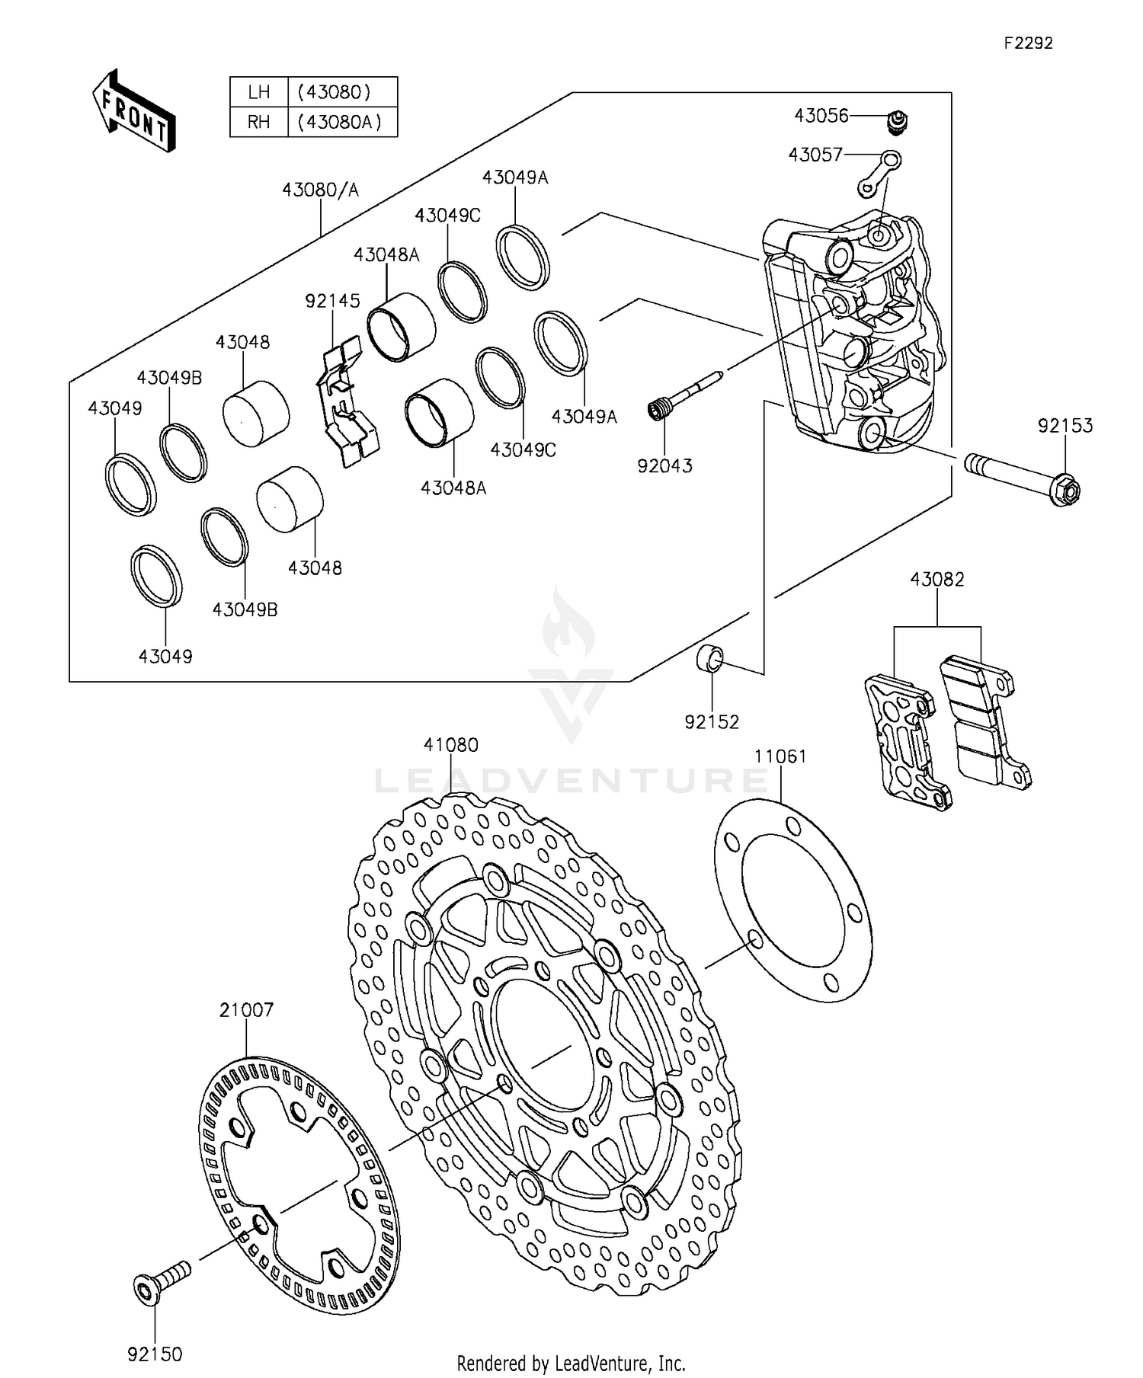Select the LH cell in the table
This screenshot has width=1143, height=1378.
click(x=259, y=92)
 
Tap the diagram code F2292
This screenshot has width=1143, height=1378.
click(x=1028, y=43)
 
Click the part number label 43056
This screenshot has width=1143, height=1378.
click(x=821, y=116)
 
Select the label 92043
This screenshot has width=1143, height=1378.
click(x=664, y=465)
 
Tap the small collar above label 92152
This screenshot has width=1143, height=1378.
click(x=712, y=658)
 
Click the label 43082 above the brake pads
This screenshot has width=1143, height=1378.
click(x=936, y=580)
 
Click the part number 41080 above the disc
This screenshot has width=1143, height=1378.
click(x=451, y=745)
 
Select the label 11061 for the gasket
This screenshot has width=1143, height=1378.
click(x=780, y=756)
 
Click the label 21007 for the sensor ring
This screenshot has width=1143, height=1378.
click(x=246, y=1010)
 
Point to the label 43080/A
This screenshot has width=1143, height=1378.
click(x=320, y=190)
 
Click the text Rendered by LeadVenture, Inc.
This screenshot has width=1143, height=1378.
click(x=571, y=1362)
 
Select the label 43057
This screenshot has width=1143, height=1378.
click(x=815, y=155)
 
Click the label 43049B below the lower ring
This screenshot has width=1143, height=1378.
click(x=245, y=609)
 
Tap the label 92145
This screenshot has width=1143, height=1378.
click(x=332, y=301)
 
